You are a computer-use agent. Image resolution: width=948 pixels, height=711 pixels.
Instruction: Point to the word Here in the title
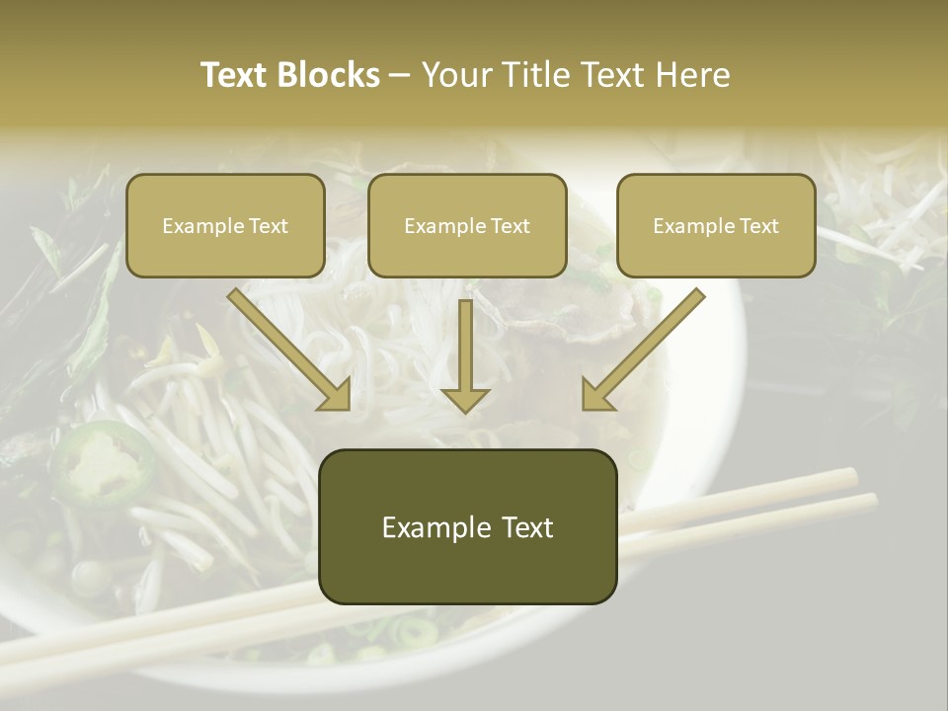(x=696, y=75)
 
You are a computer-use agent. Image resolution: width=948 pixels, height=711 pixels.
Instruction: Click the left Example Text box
(x=225, y=225)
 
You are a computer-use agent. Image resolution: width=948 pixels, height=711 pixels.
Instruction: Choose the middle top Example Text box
(x=467, y=225)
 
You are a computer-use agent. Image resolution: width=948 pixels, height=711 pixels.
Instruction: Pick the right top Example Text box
(x=716, y=225)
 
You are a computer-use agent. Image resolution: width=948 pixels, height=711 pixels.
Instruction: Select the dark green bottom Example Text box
(x=467, y=526)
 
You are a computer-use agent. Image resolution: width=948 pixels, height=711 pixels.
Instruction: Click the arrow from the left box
(x=286, y=347)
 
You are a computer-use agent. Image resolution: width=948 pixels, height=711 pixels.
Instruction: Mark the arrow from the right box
(x=645, y=347)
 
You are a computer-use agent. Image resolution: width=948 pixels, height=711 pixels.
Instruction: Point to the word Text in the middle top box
(x=510, y=226)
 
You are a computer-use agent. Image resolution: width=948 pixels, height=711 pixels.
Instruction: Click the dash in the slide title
(x=400, y=75)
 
